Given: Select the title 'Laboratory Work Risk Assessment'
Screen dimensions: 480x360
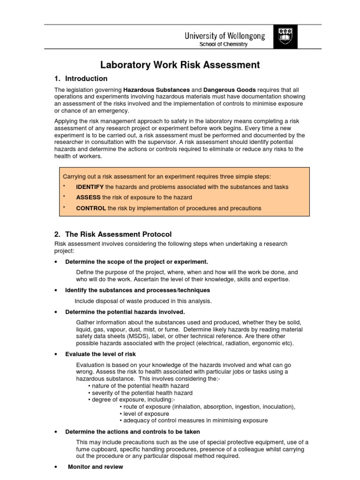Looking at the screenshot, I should (180, 65).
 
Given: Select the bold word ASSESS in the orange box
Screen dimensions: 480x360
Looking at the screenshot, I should (88, 197).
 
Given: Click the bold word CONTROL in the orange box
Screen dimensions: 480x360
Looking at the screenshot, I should (91, 208).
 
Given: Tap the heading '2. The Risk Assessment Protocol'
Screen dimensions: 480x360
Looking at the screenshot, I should (113, 234).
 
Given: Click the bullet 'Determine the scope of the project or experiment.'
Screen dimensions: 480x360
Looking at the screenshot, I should (136, 262).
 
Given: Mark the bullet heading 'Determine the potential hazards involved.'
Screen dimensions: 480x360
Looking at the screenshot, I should (125, 312).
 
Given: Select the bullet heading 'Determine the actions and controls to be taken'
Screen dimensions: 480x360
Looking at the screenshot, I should (133, 432).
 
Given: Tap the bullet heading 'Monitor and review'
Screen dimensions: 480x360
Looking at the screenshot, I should (96, 467).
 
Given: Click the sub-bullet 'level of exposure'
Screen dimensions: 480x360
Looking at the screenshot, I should (146, 414).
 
